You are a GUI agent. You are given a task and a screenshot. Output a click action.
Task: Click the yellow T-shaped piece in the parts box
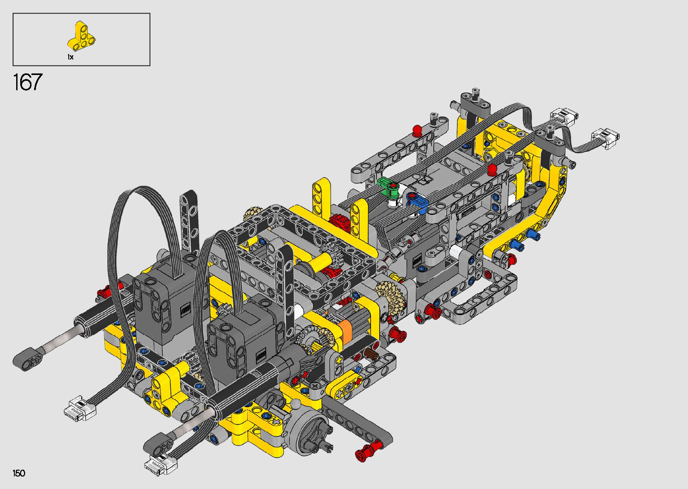point(81,36)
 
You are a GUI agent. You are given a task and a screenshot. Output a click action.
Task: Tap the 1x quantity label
point(71,57)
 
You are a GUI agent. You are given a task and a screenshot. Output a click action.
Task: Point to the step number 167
point(28,82)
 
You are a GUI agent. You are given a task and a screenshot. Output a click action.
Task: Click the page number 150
point(19,473)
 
